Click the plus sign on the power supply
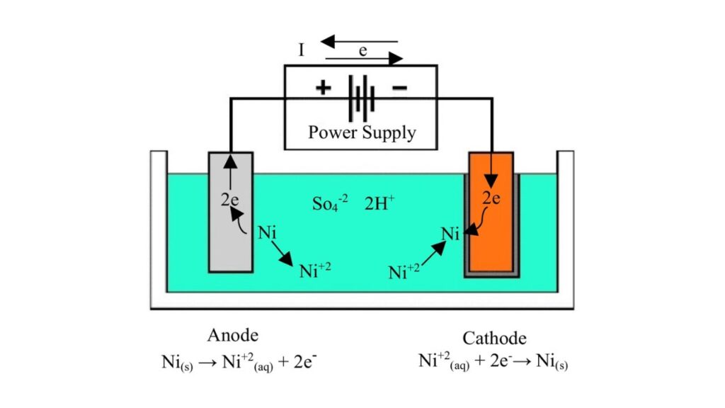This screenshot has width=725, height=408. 323,89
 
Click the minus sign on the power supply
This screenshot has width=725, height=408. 399,88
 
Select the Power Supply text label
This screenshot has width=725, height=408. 362,132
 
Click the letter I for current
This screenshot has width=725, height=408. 302,51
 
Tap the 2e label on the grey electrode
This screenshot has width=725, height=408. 230,199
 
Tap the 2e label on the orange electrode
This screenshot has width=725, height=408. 491,198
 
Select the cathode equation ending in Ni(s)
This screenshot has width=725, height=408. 493,362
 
